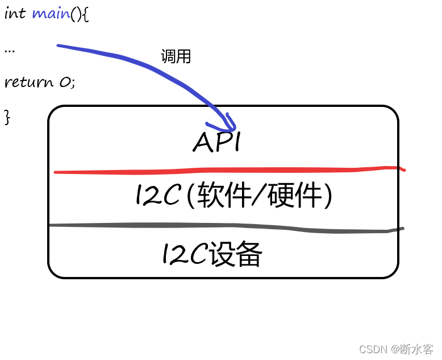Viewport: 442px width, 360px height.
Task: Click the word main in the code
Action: click(51, 14)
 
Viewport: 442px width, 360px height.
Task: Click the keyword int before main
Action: click(15, 14)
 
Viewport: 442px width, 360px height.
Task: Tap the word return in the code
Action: click(28, 82)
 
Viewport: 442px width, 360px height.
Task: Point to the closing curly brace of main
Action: click(7, 117)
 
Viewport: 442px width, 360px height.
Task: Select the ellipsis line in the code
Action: click(9, 49)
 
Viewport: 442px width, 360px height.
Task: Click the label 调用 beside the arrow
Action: click(176, 56)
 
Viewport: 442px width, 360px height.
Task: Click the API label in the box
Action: click(217, 142)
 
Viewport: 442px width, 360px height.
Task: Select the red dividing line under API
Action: click(227, 169)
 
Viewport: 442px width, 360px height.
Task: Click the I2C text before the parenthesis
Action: click(157, 197)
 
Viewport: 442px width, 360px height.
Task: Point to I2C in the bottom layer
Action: click(184, 254)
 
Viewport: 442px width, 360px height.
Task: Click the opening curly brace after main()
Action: click(85, 14)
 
